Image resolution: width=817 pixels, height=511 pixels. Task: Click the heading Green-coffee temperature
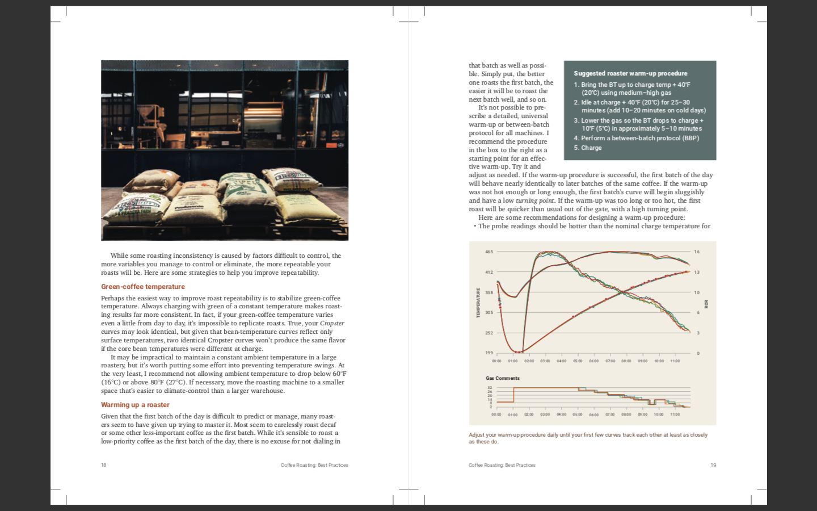coord(143,287)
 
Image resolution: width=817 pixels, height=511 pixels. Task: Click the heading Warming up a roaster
coord(135,405)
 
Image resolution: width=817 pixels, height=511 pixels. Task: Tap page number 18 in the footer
coord(104,465)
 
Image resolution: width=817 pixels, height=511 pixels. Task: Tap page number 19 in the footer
coord(713,465)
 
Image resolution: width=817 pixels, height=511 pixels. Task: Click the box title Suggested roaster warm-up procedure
coord(630,73)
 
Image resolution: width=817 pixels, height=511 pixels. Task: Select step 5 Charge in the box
coord(588,148)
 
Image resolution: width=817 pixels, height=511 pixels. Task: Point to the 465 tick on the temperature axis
coord(489,252)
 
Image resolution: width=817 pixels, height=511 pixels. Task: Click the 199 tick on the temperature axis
coord(489,353)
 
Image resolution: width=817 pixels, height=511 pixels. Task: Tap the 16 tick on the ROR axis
coord(697,252)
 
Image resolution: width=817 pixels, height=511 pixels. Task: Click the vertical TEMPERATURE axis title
coord(478,303)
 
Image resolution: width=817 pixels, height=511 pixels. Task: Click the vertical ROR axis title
coord(706,304)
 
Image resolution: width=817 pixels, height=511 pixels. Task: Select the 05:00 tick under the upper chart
coord(578,361)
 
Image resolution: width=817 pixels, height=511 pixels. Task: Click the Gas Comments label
coord(503,378)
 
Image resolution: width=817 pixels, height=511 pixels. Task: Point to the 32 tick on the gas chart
coord(490,388)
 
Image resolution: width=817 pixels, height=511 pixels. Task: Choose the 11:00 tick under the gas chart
coord(675,414)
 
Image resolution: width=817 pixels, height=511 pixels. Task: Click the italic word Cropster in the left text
coord(332,323)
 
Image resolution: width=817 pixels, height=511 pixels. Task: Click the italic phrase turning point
coord(534,200)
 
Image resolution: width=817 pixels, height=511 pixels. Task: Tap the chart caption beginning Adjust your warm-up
coord(588,438)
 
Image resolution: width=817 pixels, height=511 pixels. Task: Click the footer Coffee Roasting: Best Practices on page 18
coord(314,465)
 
